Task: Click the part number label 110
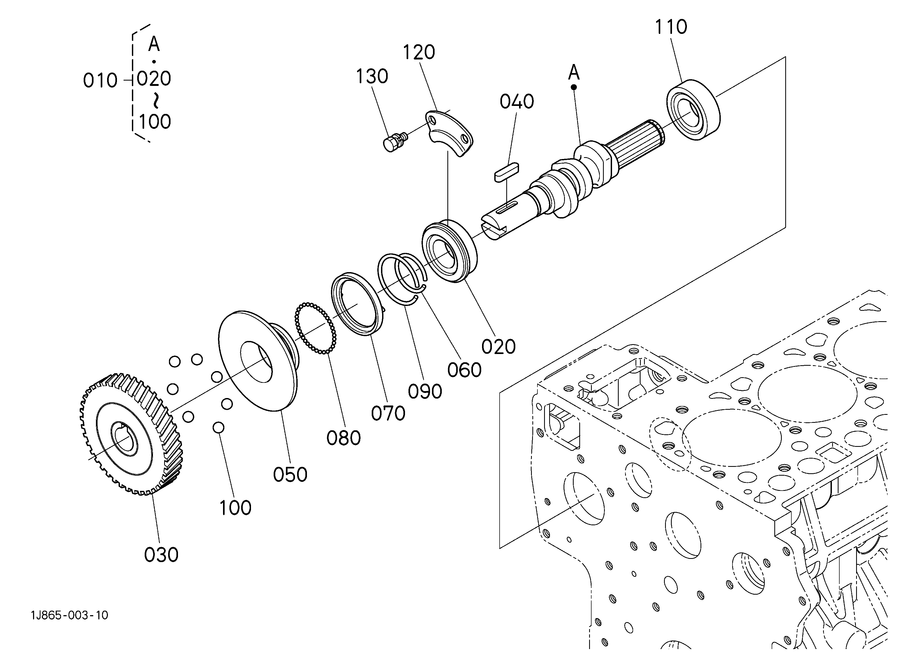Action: coord(671,27)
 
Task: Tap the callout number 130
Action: coord(372,77)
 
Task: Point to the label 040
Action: coord(517,102)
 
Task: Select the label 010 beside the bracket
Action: coord(100,81)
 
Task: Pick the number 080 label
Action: coord(344,438)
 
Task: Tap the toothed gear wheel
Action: coord(131,434)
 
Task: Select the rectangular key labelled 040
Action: coord(506,172)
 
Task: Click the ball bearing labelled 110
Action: coord(694,110)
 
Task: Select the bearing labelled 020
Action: coord(449,252)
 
